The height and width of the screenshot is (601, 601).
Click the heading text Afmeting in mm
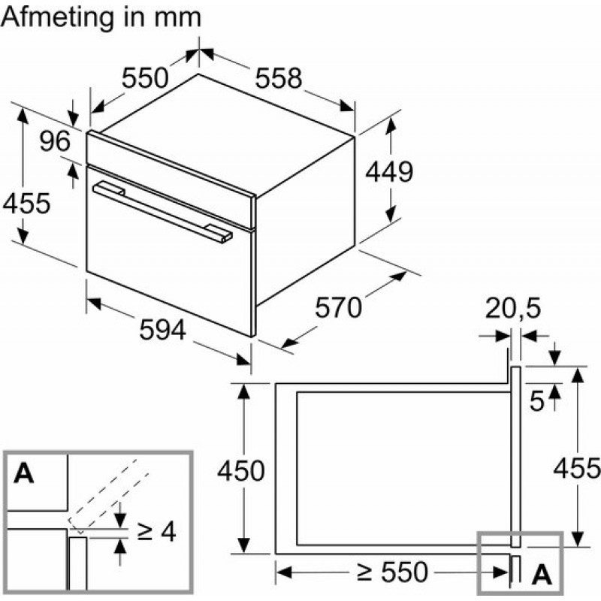tap(101, 18)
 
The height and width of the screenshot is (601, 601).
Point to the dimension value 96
tap(54, 140)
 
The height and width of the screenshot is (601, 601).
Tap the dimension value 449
tap(389, 172)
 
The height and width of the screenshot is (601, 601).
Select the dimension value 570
tap(338, 307)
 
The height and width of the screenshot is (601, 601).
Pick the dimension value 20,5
tap(512, 309)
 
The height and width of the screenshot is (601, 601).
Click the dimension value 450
tap(240, 471)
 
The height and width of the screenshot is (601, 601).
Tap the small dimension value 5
tap(536, 401)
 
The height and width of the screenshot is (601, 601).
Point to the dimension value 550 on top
tap(145, 77)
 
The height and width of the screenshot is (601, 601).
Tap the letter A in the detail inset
tap(25, 473)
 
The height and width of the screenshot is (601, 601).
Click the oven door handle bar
tap(162, 210)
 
